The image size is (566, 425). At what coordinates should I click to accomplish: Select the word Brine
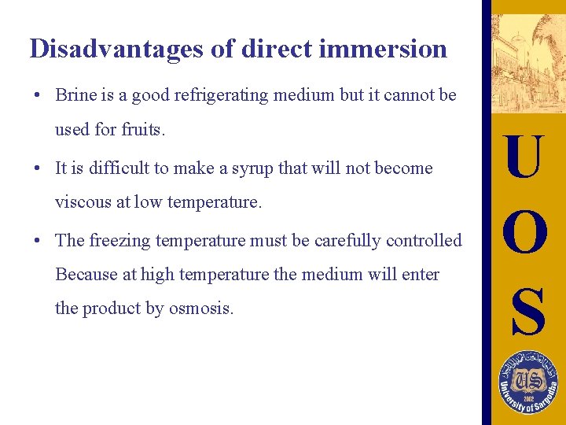click(75, 96)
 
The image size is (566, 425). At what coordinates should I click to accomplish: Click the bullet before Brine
click(37, 96)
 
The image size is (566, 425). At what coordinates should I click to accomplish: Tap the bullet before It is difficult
click(37, 168)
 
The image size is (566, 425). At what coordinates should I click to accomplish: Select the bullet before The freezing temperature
click(37, 241)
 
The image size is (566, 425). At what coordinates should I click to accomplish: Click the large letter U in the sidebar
click(525, 157)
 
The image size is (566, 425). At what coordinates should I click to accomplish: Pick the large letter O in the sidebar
click(525, 234)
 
